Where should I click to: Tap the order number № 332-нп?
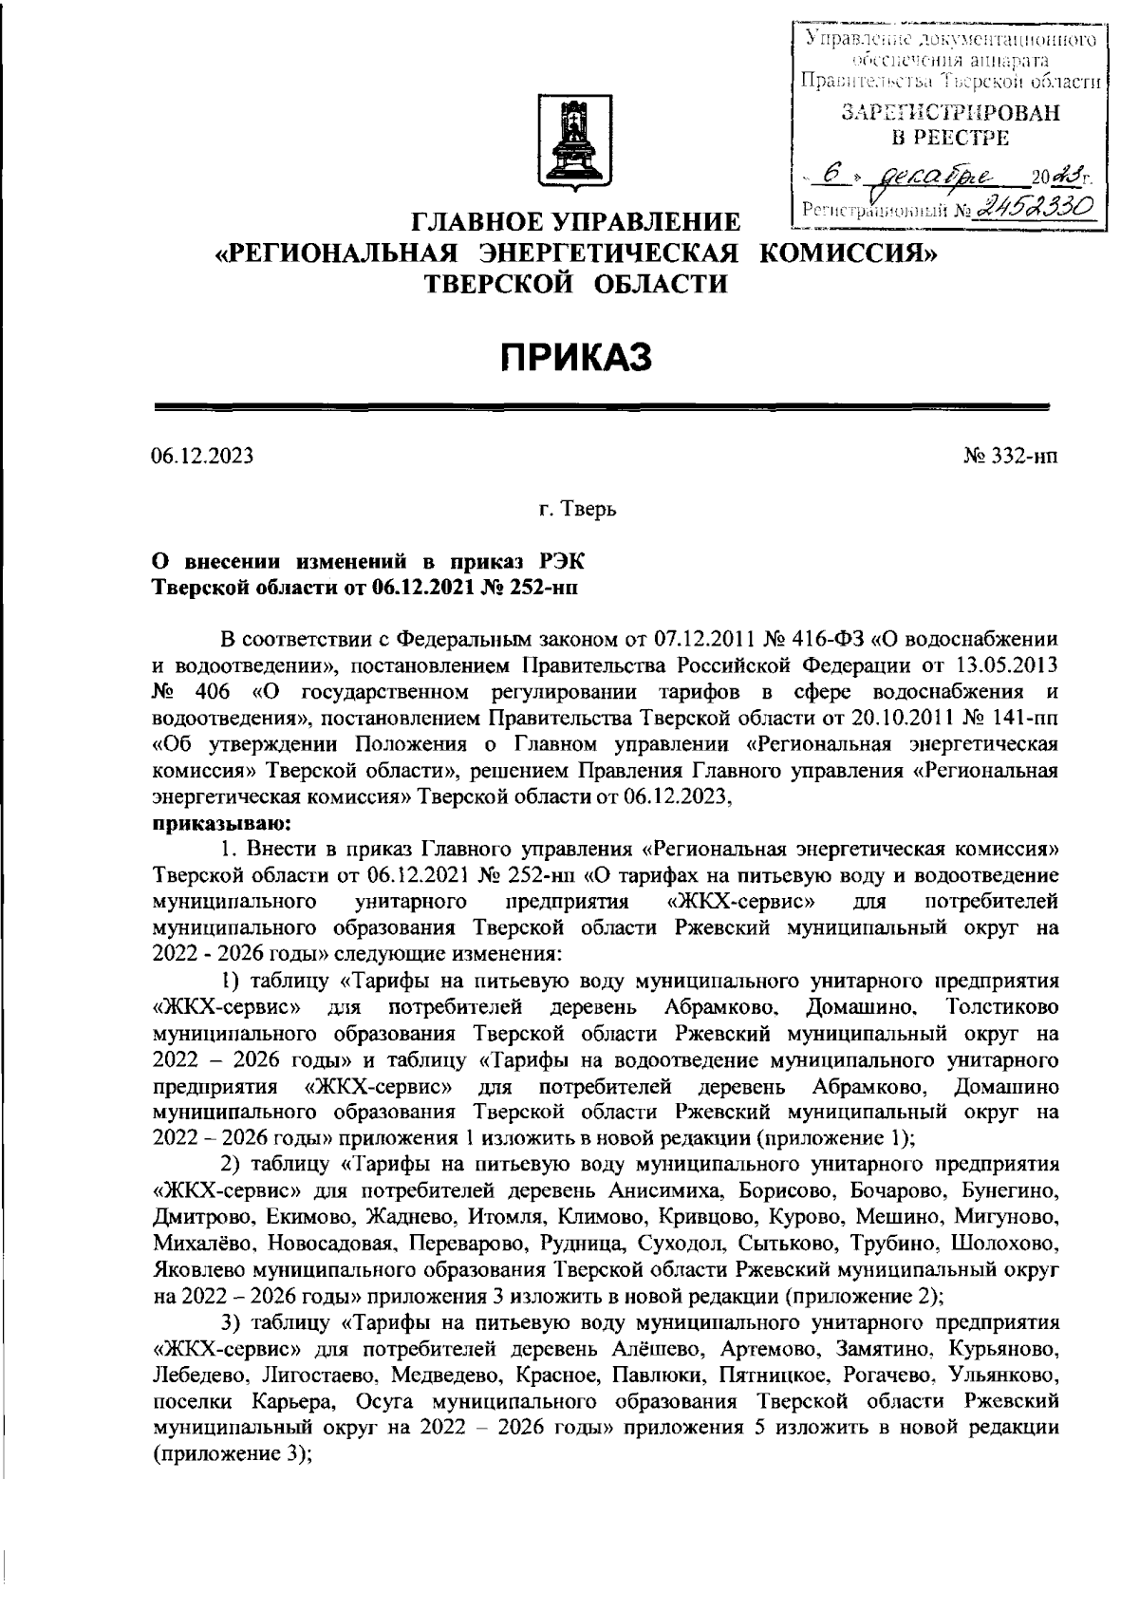1011,457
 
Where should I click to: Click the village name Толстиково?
1002,1005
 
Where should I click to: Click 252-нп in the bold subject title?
537,586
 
